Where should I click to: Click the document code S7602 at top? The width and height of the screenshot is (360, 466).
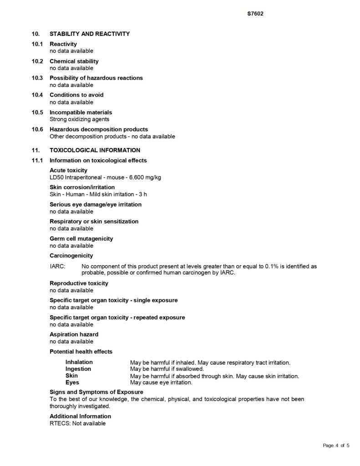point(255,14)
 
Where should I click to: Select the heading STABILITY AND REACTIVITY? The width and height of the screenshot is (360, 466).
point(90,34)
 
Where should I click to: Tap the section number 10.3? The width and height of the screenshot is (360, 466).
point(37,78)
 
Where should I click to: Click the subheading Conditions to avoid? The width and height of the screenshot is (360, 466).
point(76,95)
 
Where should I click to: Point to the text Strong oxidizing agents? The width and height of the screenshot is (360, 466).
point(79,119)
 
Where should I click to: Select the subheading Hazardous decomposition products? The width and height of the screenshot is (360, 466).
point(99,129)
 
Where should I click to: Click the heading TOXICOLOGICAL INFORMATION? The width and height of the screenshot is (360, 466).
point(95,150)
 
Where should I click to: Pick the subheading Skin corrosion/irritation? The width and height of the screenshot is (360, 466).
point(82,187)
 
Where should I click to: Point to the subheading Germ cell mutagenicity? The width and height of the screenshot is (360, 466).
point(81,238)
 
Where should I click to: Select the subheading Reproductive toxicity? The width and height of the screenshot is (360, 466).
point(79,283)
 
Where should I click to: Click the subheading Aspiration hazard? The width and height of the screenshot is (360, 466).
point(74,334)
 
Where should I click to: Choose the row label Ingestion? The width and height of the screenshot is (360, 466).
point(78,369)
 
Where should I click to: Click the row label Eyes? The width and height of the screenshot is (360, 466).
point(72,383)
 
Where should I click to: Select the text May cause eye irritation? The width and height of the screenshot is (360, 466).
point(161,383)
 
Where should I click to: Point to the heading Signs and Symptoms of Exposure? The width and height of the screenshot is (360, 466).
point(96,392)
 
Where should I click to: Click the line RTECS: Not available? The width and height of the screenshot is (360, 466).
point(77,423)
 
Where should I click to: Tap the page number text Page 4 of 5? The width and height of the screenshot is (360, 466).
point(336,445)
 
